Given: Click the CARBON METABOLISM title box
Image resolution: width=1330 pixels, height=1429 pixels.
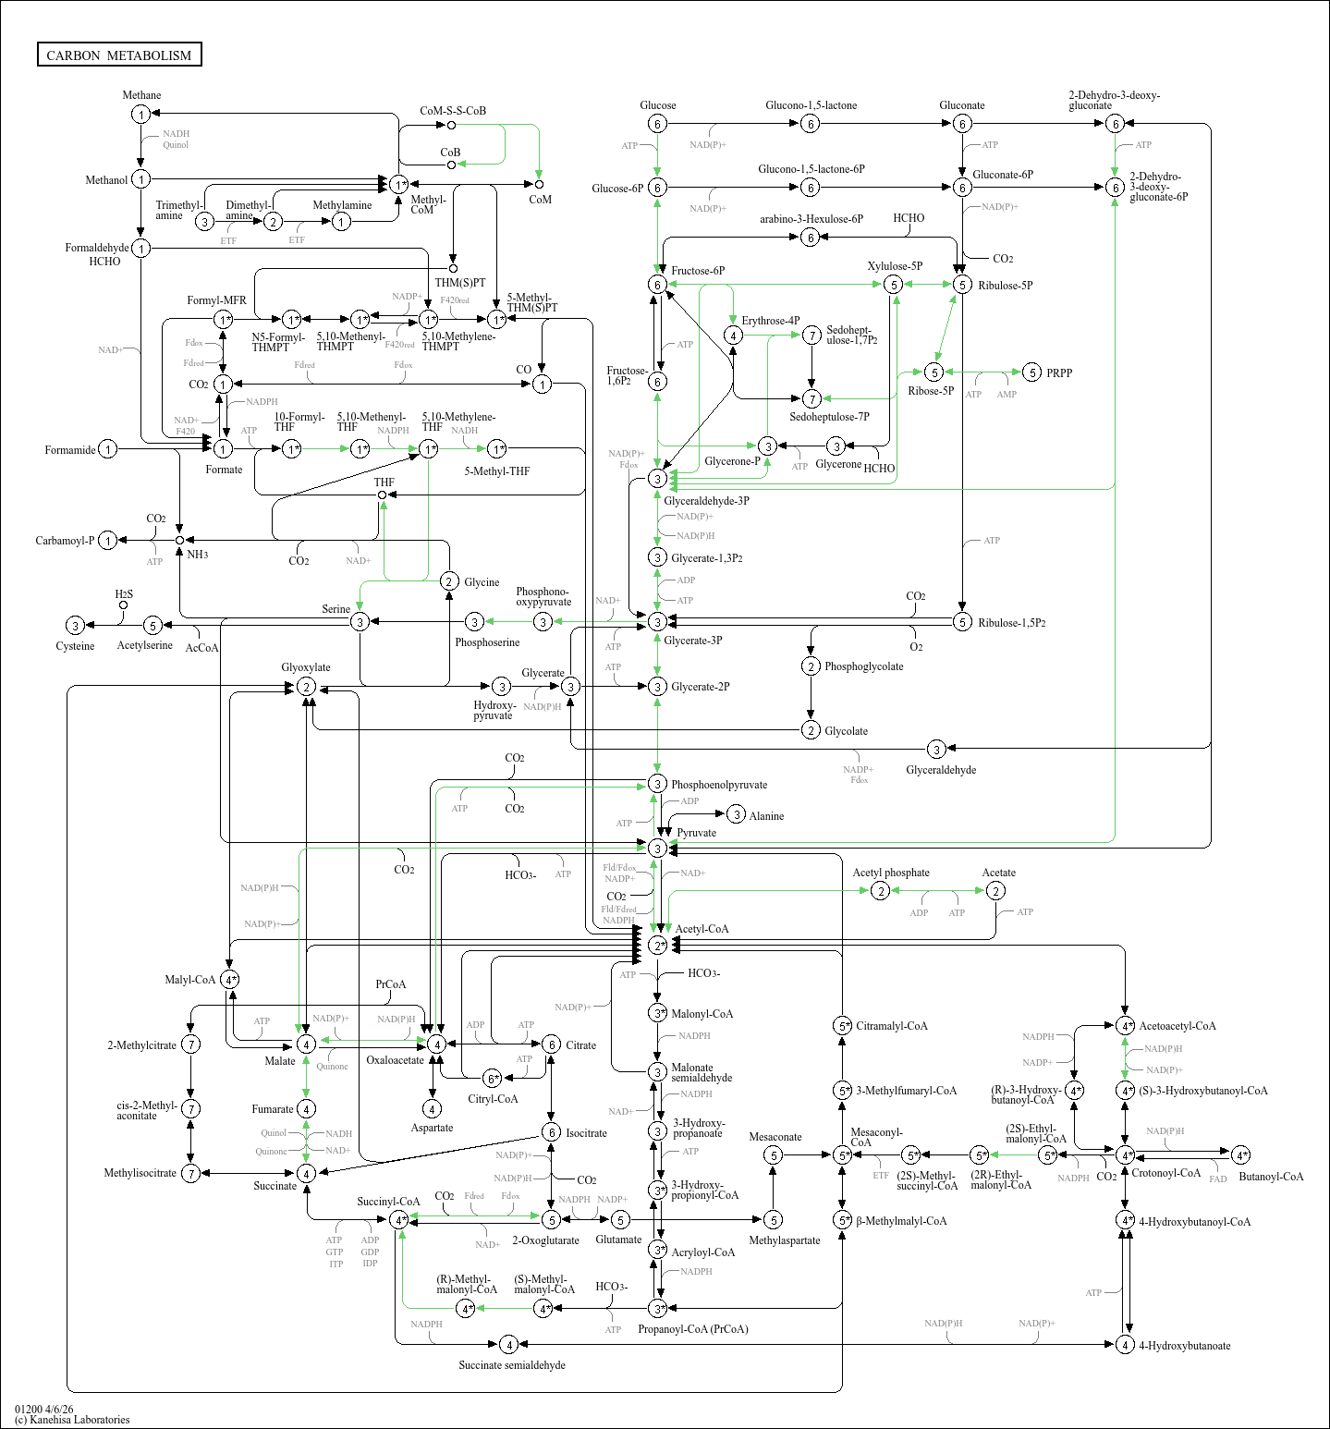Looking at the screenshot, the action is [119, 55].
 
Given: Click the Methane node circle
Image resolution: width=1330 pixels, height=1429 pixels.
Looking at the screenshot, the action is [140, 114].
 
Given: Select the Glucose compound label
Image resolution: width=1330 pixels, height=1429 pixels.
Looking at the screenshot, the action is [658, 105].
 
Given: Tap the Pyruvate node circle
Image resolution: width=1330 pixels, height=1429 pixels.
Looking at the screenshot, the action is [657, 848].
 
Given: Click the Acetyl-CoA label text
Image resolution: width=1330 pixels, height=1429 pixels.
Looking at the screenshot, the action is [702, 929].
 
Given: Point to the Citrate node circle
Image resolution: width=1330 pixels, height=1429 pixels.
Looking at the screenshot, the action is [551, 1044].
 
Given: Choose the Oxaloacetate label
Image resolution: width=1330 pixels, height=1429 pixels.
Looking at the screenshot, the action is [395, 1060].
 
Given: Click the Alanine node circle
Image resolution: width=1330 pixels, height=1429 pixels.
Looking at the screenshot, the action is [736, 814].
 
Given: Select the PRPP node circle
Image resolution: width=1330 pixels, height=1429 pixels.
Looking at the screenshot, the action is [1032, 373].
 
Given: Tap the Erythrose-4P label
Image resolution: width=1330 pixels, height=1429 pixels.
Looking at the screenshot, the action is [771, 321].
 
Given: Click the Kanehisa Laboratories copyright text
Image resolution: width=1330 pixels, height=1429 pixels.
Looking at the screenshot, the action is [72, 1420].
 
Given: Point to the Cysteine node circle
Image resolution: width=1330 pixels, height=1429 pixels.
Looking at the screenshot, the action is [76, 626].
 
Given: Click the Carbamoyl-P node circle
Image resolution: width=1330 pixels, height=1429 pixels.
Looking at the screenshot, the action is [108, 541].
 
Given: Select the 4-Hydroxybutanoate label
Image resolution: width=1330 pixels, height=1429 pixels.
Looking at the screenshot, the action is [1185, 1346].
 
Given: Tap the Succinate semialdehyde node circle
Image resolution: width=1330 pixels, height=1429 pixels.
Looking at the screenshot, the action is [507, 1344].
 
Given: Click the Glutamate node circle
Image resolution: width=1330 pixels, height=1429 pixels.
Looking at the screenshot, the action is [620, 1220].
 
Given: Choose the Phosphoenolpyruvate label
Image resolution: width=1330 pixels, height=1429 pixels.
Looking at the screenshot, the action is [719, 785].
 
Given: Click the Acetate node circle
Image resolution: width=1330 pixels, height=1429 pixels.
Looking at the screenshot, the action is [995, 890].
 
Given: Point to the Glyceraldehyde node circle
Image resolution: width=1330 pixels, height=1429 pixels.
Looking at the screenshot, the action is [936, 749].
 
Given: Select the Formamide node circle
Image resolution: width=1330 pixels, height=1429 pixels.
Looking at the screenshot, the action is [108, 449].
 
